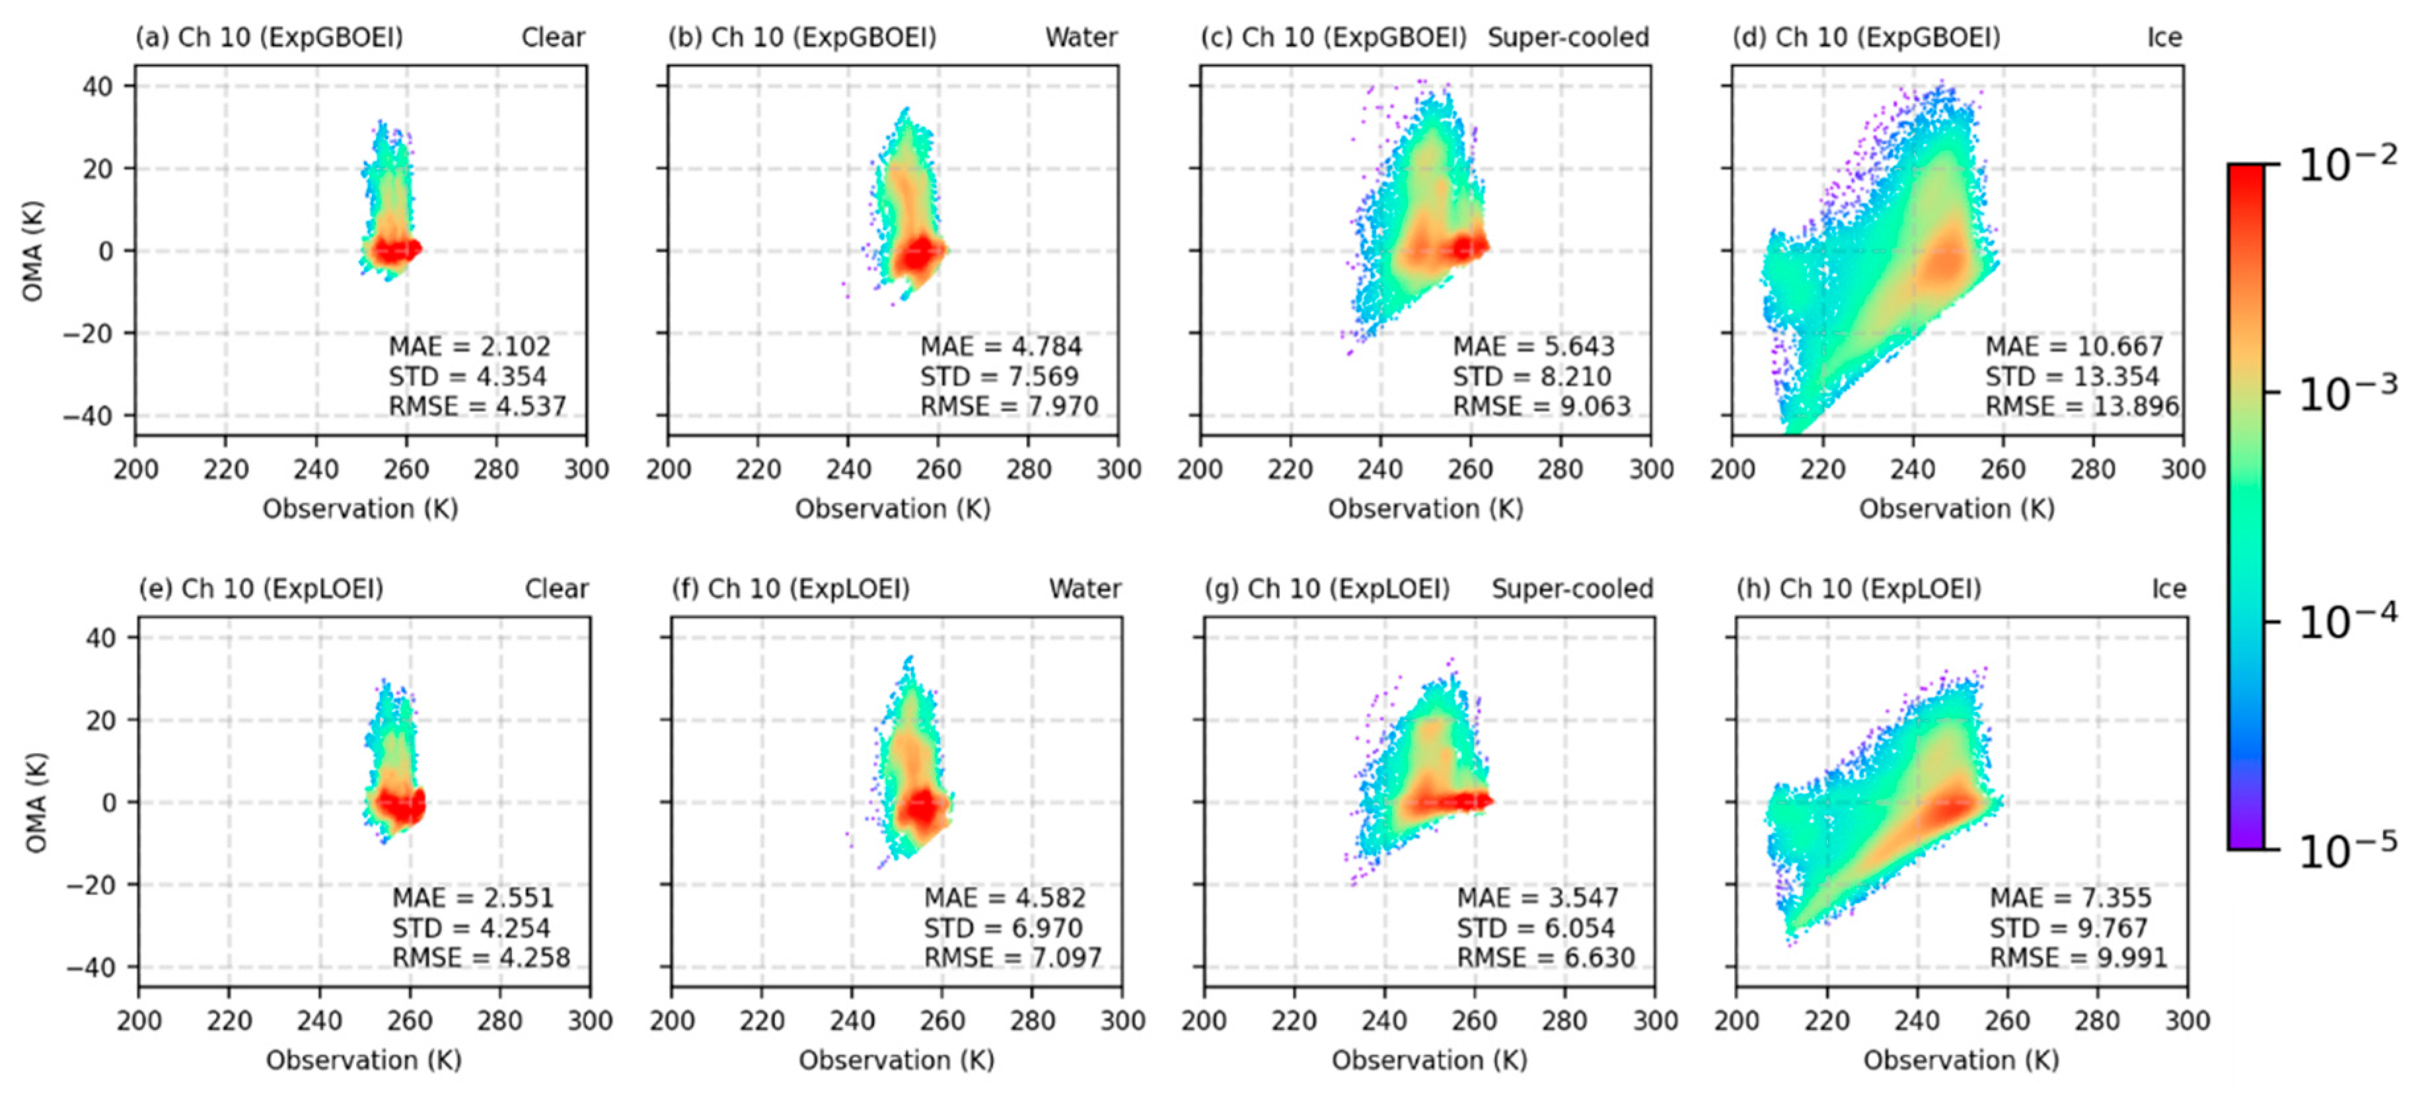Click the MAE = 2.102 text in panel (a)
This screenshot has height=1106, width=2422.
tap(469, 346)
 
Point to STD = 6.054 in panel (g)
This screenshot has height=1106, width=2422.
tap(1535, 928)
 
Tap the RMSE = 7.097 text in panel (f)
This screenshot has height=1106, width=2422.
tap(1011, 959)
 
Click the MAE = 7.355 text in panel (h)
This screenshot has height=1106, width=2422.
tap(2069, 898)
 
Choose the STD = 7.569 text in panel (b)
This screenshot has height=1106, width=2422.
tap(998, 376)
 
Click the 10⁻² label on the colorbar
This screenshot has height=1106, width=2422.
tap(2347, 165)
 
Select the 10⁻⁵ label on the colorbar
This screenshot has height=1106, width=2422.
tap(2347, 851)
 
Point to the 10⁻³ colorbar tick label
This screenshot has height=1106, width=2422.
tap(2347, 393)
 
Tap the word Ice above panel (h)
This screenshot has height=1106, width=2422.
tap(2168, 589)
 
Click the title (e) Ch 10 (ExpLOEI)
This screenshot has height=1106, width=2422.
tap(262, 589)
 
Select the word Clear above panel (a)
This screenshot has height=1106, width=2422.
tap(553, 38)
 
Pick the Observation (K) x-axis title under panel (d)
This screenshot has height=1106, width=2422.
tap(1957, 509)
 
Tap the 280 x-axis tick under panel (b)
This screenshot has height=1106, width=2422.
tap(1027, 469)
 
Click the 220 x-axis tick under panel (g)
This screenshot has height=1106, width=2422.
tap(1294, 1021)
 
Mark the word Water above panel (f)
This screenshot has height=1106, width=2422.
tap(1085, 589)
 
